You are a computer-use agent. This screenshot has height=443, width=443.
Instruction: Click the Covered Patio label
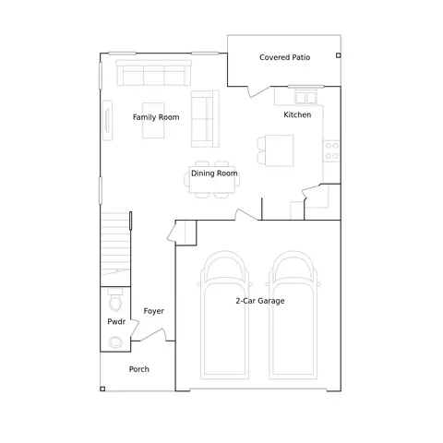(284, 57)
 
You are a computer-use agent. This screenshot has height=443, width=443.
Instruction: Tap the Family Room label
(156, 117)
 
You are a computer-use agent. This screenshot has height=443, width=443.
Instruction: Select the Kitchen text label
(297, 114)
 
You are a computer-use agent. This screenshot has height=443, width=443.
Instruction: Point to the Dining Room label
(214, 174)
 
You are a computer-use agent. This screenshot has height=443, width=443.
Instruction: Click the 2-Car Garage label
(260, 301)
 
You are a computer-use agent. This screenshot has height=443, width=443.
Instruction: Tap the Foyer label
(153, 311)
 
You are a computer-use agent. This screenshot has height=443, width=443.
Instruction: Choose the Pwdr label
(116, 321)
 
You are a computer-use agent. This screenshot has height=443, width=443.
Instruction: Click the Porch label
(138, 369)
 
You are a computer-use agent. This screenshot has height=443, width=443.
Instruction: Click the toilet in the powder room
(115, 299)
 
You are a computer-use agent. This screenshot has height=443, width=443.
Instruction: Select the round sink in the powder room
(115, 342)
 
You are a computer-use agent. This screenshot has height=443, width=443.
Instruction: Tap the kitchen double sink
(305, 97)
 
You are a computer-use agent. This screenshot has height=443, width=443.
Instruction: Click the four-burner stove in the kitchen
(331, 150)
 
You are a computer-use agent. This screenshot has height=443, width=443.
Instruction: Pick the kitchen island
(280, 150)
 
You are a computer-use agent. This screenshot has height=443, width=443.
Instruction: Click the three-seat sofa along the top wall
(154, 73)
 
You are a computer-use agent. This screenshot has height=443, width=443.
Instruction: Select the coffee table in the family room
(153, 120)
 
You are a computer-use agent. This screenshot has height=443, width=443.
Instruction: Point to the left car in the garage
(224, 315)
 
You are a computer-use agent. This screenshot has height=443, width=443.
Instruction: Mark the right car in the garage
(293, 315)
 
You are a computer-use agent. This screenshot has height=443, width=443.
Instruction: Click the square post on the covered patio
(339, 55)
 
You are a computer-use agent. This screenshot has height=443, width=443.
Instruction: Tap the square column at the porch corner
(102, 389)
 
